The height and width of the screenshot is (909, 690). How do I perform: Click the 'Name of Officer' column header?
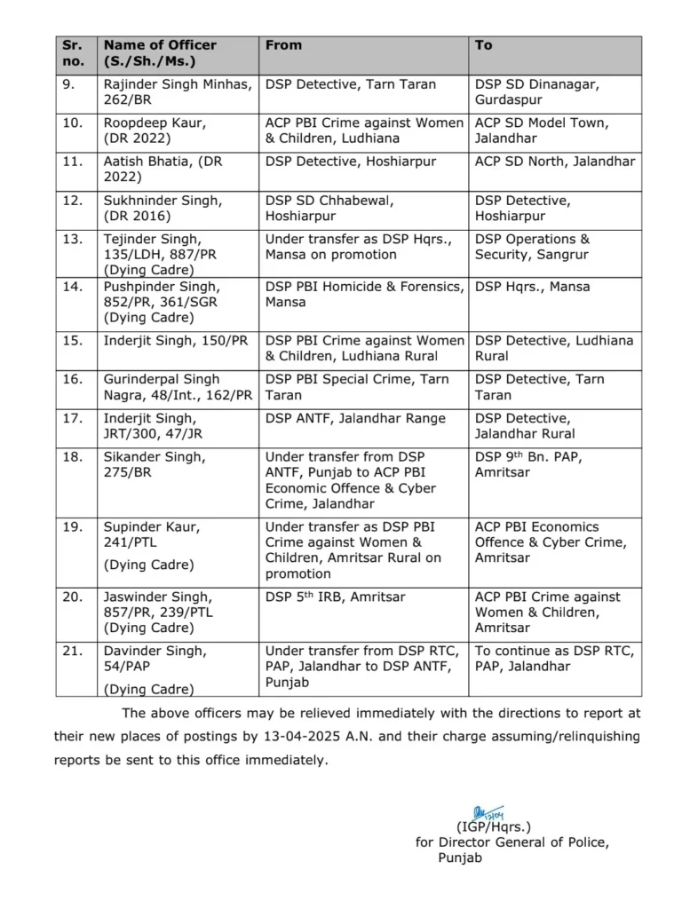[160, 45]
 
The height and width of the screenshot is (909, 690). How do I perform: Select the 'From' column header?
[283, 45]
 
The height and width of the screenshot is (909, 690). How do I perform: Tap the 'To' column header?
[483, 45]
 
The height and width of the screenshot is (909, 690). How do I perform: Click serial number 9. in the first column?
[70, 84]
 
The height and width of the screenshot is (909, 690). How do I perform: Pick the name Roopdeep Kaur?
[147, 123]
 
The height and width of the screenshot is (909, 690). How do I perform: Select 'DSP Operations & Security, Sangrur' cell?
[532, 247]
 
